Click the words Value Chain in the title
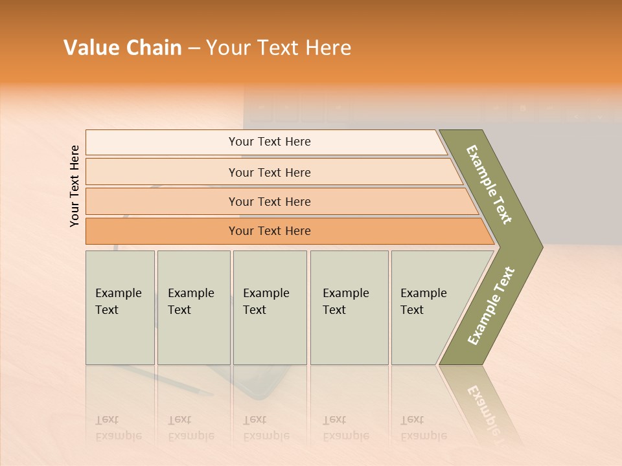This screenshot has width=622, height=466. click(122, 48)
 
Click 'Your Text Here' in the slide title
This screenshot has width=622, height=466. click(279, 48)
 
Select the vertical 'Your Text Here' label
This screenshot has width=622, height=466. click(75, 186)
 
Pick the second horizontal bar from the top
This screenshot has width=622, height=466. click(269, 172)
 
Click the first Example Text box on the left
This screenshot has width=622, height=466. click(120, 307)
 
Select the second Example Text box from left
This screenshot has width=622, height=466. click(193, 307)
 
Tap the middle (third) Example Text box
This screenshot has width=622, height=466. click(270, 307)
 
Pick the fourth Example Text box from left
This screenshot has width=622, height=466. click(349, 307)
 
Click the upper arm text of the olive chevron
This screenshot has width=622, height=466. click(489, 184)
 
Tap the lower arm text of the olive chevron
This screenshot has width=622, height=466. click(491, 306)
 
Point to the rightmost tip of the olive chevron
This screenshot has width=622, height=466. click(542, 247)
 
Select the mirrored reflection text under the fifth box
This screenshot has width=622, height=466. click(423, 428)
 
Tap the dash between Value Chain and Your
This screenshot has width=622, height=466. click(194, 49)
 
